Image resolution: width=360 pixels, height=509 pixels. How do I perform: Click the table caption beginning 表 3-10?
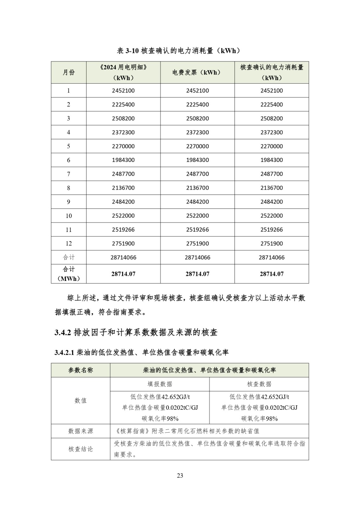point(180,51)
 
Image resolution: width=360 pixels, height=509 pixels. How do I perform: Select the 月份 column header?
point(68,73)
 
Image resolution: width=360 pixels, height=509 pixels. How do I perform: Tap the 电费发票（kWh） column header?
point(197,73)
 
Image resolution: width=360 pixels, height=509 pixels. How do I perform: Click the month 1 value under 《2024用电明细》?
point(123,91)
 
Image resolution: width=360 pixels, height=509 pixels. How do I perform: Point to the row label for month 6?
point(68,160)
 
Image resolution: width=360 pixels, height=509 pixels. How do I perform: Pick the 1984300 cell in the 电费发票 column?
point(197,160)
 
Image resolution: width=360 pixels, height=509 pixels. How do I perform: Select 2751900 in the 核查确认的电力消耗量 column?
point(272,244)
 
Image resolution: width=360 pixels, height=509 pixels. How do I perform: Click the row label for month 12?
point(68,244)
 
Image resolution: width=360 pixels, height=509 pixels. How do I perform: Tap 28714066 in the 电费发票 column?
point(197,258)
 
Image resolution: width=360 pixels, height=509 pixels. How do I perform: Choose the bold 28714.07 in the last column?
point(272,274)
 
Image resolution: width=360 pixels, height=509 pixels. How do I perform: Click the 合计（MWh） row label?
point(68,274)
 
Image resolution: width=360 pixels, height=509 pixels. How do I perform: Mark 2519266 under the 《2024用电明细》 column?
point(123,230)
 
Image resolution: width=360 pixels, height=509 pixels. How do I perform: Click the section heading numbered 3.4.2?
point(136,333)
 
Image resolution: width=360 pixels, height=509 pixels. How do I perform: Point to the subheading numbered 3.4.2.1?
point(142,352)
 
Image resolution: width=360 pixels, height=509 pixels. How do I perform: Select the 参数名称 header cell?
point(80,370)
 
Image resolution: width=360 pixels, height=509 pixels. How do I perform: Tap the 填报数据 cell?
point(160,384)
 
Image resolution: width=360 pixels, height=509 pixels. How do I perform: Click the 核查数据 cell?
point(259,384)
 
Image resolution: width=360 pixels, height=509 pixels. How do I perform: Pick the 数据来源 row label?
point(80,431)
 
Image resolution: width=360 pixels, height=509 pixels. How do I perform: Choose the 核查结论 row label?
point(80,449)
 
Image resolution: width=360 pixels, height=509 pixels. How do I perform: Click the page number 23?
point(180,476)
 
